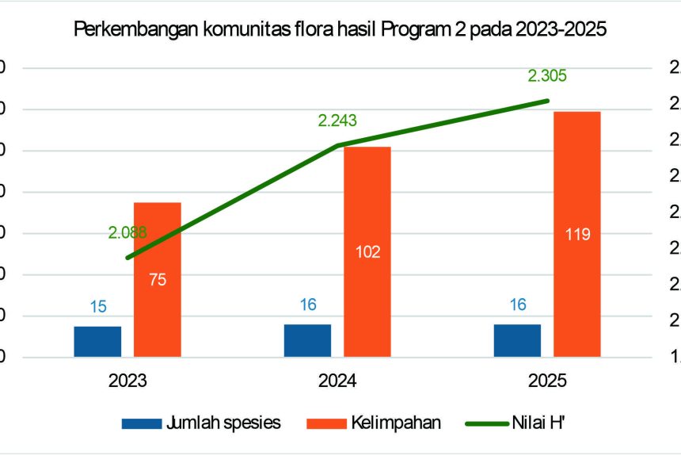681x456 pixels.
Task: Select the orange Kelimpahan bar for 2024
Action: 367,301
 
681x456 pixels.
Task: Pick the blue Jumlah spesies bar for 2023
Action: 97,341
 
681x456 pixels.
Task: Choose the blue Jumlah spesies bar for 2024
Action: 307,340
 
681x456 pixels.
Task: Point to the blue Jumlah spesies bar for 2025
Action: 517,340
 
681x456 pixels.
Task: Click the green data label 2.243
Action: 337,121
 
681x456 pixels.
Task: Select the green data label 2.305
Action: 548,76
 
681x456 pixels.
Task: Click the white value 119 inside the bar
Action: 577,234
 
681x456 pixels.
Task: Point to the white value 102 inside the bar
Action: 367,252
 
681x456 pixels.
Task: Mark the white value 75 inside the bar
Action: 158,279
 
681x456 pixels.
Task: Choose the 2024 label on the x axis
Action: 337,381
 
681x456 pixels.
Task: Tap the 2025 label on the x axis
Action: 547,381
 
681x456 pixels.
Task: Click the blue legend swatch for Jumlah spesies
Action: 140,423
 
